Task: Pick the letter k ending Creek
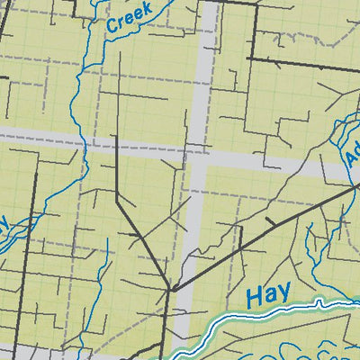pyautogui.click(x=148, y=8)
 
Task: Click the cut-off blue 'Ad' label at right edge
pyautogui.click(x=352, y=157)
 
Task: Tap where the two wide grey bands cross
pyautogui.click(x=197, y=155)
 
